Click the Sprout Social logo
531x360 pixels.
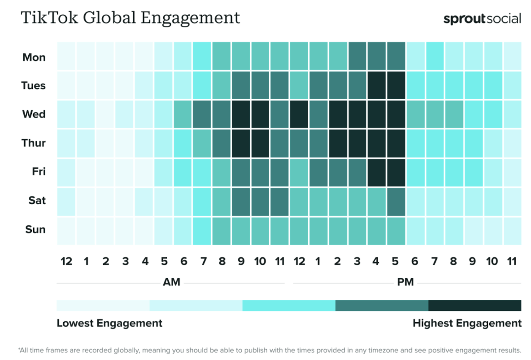(x=482, y=19)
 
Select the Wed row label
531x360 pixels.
(x=34, y=114)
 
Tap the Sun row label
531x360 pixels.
(x=35, y=229)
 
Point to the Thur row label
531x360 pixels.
(x=34, y=143)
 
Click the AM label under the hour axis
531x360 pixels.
(x=171, y=282)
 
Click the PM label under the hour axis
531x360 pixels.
(x=405, y=282)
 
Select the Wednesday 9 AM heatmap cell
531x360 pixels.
(x=241, y=114)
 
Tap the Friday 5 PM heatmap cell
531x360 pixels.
(x=396, y=171)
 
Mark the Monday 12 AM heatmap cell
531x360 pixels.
(x=66, y=57)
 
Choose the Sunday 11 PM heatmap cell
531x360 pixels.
(x=512, y=229)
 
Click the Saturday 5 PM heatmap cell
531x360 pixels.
(x=396, y=200)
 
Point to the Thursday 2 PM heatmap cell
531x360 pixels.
(x=338, y=143)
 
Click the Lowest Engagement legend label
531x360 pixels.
(x=109, y=323)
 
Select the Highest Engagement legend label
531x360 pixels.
(x=467, y=323)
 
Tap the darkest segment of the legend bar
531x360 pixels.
(x=474, y=306)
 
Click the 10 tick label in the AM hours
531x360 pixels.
(x=261, y=261)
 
